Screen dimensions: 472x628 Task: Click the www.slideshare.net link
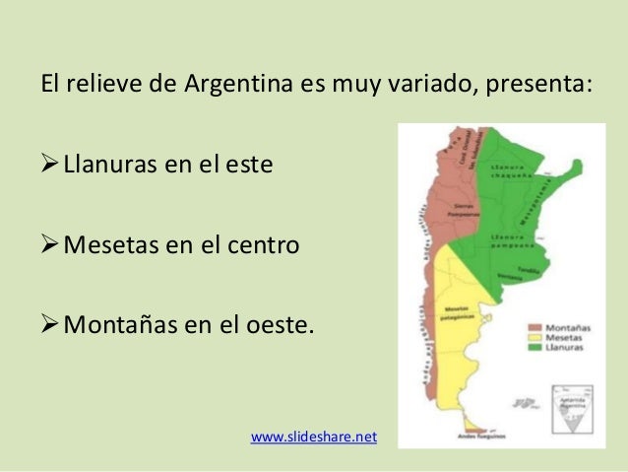(314, 435)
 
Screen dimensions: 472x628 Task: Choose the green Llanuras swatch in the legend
(534, 349)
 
